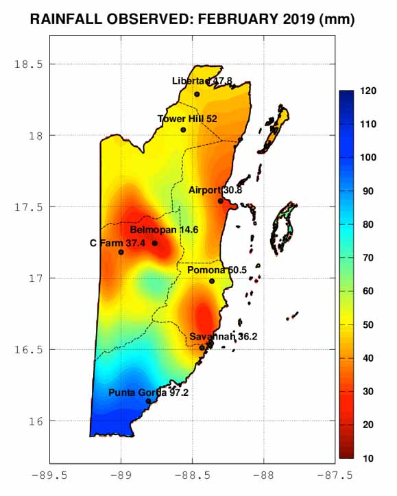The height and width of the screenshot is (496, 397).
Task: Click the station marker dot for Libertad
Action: pyautogui.click(x=197, y=95)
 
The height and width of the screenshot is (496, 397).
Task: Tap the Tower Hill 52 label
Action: pyautogui.click(x=187, y=119)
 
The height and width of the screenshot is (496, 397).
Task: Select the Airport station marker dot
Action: pyautogui.click(x=220, y=201)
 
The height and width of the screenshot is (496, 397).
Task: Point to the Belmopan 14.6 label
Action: pyautogui.click(x=164, y=230)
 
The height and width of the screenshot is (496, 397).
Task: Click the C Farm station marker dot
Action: pyautogui.click(x=121, y=252)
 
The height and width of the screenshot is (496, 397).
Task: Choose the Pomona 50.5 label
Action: pyautogui.click(x=217, y=270)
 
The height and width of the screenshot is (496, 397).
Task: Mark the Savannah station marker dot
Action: pyautogui.click(x=202, y=348)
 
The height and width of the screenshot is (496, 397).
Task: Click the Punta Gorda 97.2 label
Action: pyautogui.click(x=149, y=392)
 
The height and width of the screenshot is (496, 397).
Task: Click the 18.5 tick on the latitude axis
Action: pyautogui.click(x=28, y=64)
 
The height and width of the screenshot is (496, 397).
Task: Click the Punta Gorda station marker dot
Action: pyautogui.click(x=148, y=401)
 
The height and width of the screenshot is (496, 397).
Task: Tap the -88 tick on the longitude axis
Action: pyautogui.click(x=263, y=474)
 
